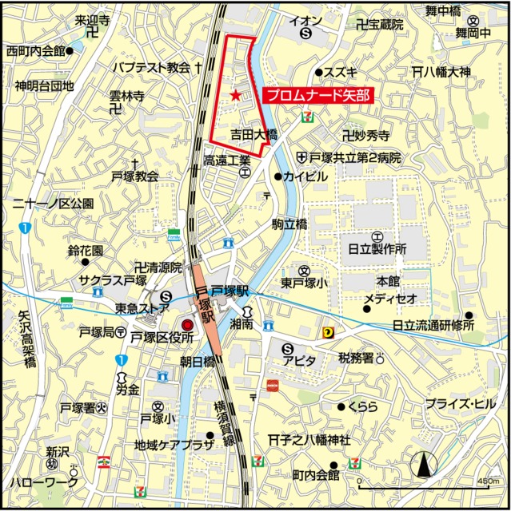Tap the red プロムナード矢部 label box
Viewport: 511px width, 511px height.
[x=317, y=96]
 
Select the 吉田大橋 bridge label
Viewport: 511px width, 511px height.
[x=254, y=135]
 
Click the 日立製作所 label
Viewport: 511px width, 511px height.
[x=377, y=249]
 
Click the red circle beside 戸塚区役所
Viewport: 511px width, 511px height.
[x=188, y=325]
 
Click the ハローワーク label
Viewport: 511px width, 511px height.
[x=44, y=482]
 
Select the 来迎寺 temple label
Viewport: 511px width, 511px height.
[x=93, y=18]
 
